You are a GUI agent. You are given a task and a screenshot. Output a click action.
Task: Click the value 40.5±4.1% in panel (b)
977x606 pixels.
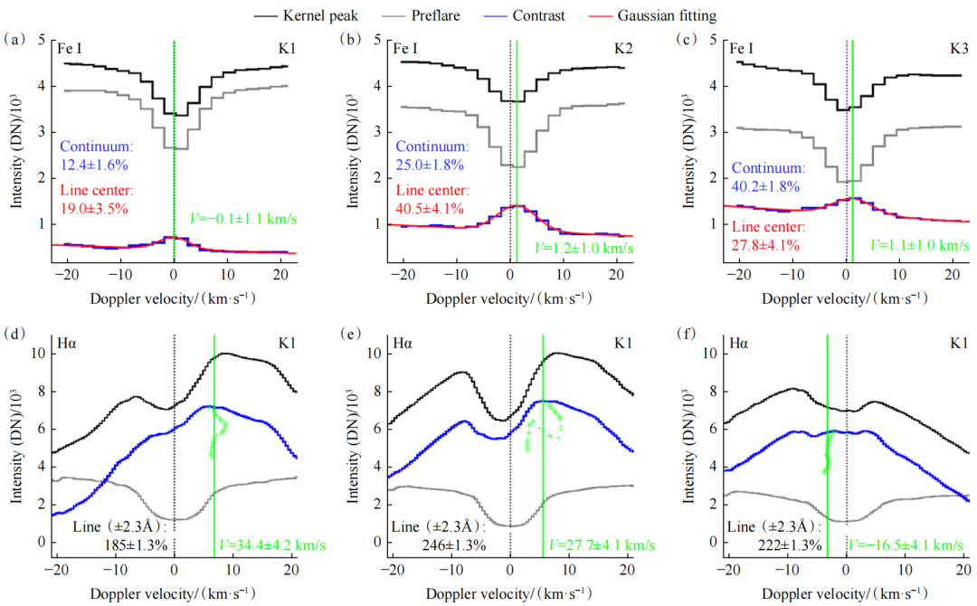click(x=431, y=208)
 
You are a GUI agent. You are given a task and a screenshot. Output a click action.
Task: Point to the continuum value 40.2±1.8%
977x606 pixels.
click(x=768, y=186)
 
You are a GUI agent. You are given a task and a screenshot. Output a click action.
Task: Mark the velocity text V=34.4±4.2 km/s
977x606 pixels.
click(x=259, y=544)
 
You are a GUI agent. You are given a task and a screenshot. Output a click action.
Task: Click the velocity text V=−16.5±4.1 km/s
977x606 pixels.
click(x=906, y=544)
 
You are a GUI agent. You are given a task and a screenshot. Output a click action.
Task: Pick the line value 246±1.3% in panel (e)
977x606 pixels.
click(x=454, y=544)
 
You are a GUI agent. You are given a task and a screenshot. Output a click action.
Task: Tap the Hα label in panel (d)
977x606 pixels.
click(x=71, y=345)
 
